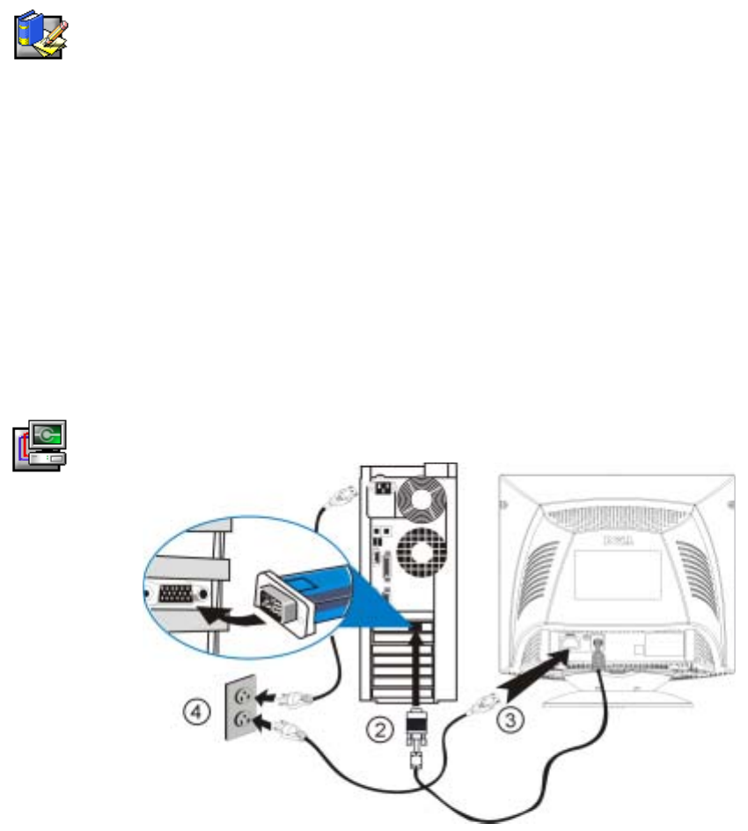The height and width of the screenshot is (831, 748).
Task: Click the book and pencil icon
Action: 42,36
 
